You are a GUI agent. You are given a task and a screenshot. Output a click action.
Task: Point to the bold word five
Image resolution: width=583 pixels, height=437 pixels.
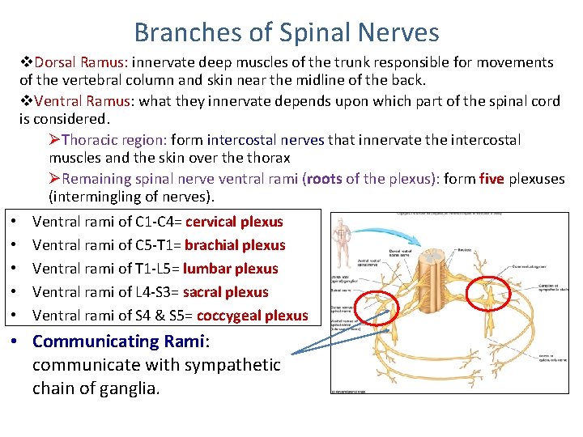pos(492,179)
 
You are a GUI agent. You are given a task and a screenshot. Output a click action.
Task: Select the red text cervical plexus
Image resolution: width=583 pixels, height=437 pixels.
pos(234,222)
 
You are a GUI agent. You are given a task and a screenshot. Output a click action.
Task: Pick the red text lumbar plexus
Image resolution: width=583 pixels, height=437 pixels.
pos(230,269)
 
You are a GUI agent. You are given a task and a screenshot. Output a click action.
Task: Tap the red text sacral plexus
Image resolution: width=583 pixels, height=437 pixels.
pos(226,292)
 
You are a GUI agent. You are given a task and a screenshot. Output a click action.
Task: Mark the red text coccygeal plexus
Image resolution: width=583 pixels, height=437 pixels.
pos(252,316)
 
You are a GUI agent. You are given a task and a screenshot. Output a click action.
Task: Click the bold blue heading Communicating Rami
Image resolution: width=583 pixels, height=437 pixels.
pos(119,342)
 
